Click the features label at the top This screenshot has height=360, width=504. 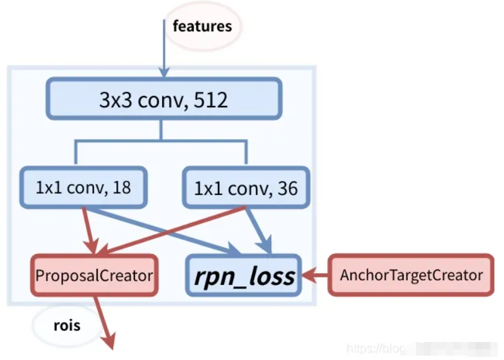202,26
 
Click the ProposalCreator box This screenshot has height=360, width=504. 94,275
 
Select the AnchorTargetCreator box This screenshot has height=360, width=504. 411,274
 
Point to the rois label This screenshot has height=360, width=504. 66,324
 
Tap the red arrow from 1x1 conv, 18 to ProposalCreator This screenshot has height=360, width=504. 87,229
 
